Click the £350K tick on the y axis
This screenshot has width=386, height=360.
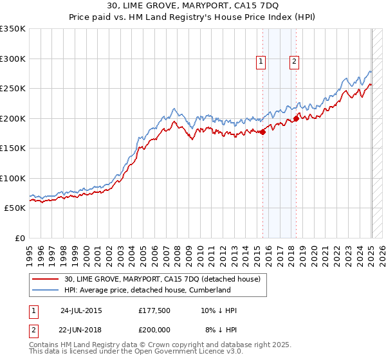(x=13, y=29)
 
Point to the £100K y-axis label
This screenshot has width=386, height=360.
(x=13, y=178)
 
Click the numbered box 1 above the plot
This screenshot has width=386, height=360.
(x=261, y=62)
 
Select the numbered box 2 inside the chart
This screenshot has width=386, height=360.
(x=294, y=62)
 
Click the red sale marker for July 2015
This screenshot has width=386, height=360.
(x=263, y=132)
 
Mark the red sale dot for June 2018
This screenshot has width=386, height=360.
(x=296, y=118)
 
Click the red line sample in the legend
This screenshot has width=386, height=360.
(x=47, y=279)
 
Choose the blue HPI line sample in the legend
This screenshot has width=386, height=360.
(x=47, y=290)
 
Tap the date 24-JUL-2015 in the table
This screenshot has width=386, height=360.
(x=81, y=310)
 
